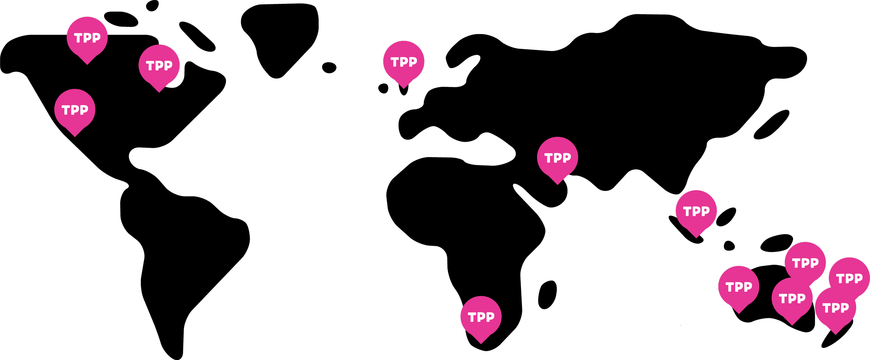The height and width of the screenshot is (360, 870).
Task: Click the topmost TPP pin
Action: tap(87, 37)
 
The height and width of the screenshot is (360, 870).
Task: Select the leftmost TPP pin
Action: tap(74, 109)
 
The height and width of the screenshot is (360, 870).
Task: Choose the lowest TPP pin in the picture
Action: tap(481, 316)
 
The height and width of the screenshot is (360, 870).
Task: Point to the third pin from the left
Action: tap(159, 65)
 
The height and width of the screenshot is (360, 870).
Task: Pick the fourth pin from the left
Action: tap(404, 61)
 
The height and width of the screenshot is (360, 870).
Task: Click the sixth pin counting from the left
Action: tap(557, 157)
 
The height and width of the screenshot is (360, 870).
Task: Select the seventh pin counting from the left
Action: tap(696, 210)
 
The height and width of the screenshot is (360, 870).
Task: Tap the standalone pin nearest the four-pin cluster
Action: tap(738, 286)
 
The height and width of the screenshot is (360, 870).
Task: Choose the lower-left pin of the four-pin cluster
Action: tap(792, 298)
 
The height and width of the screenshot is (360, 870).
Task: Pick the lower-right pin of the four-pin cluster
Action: tap(835, 307)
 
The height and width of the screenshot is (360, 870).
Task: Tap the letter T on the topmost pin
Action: tap(78, 38)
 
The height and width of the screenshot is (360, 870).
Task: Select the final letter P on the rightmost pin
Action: tap(859, 278)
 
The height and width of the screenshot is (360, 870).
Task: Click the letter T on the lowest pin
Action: tap(472, 317)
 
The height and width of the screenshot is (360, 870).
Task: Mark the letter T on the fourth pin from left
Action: tap(395, 62)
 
